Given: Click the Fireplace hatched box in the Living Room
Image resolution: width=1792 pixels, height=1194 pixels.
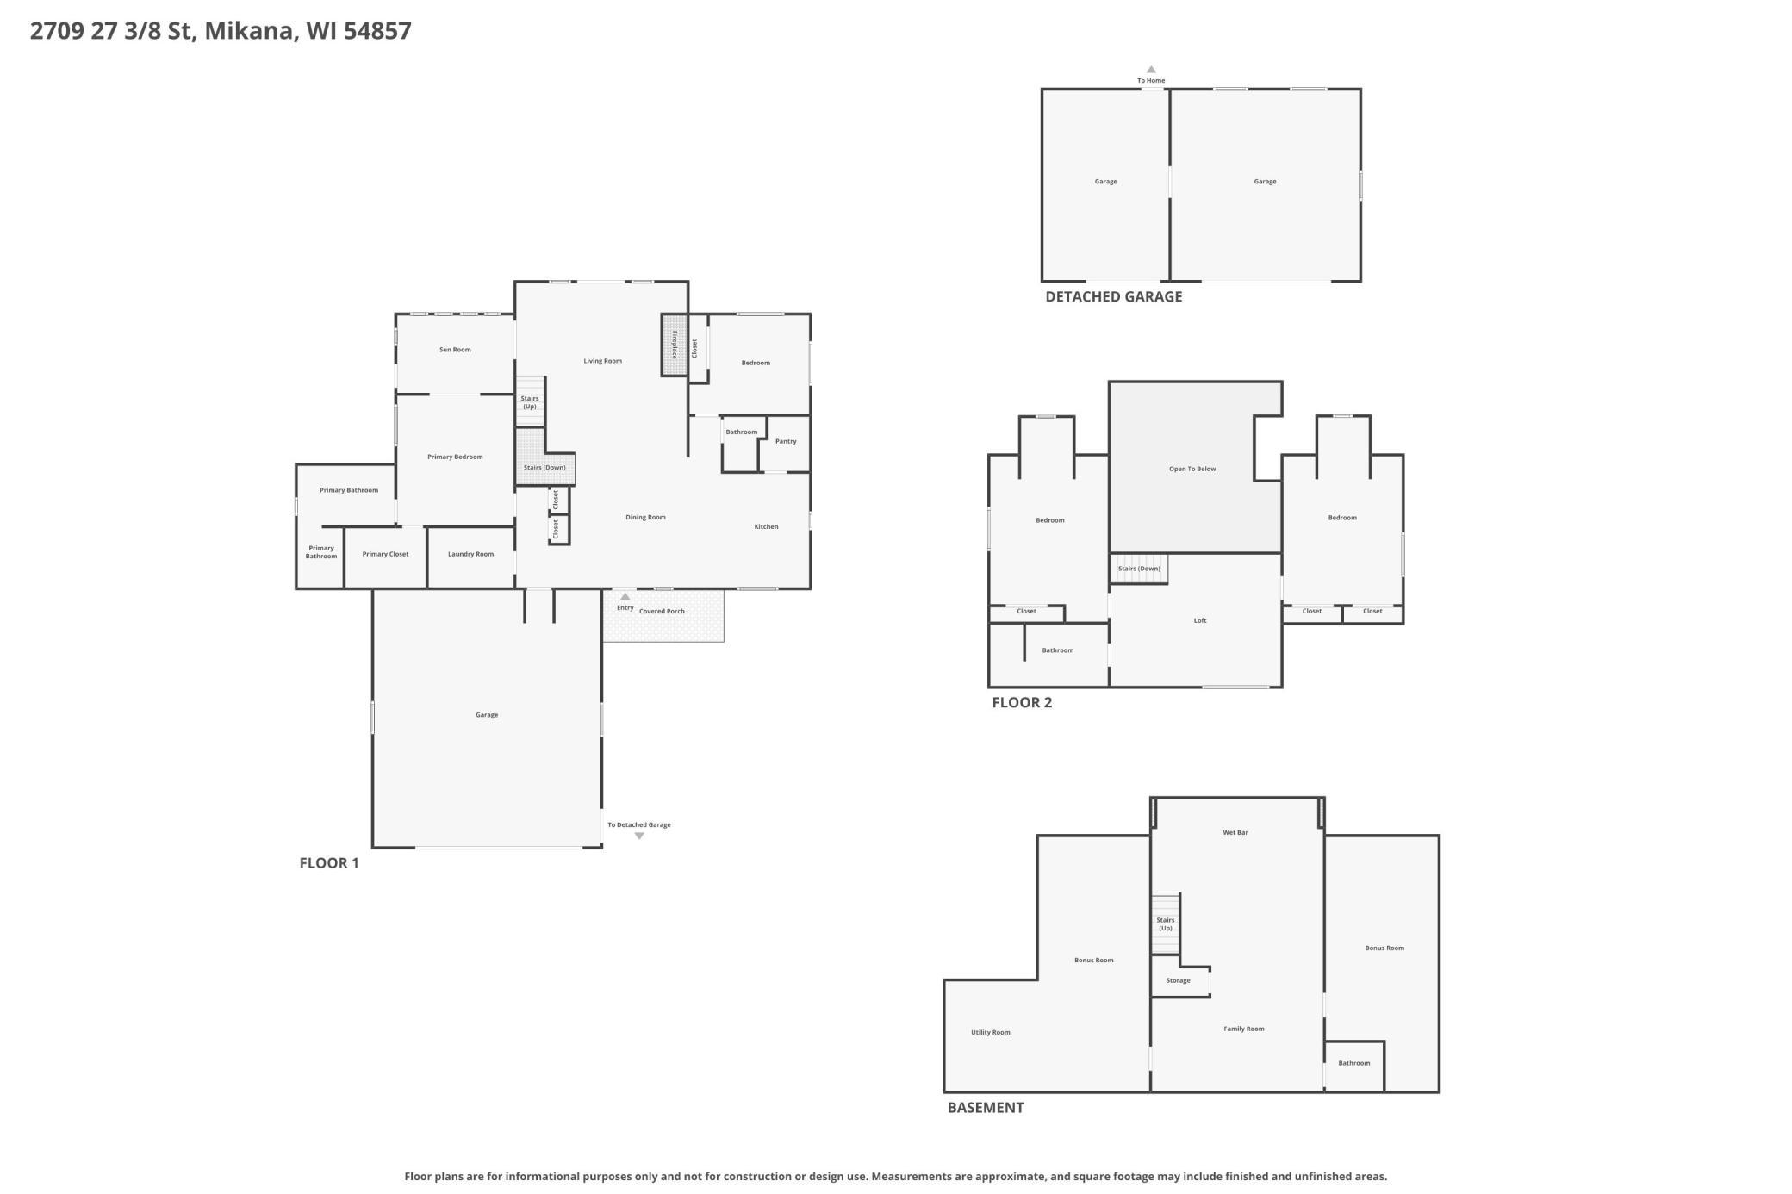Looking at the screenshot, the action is [674, 345].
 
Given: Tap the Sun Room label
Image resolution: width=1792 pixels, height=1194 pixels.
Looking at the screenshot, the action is [455, 350].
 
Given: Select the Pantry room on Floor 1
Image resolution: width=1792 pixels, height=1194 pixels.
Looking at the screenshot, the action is [785, 443].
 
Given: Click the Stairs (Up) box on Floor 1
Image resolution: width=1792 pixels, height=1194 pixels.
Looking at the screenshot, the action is [530, 401].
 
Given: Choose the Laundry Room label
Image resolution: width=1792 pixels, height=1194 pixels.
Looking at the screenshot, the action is [470, 554].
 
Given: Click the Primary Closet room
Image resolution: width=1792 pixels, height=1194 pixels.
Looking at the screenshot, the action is [385, 557].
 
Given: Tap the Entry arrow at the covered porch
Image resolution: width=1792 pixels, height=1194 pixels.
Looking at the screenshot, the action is [625, 596].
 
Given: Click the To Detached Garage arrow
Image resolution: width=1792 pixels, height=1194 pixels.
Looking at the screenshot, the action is [639, 836].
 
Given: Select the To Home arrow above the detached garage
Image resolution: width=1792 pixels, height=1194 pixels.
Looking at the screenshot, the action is [1151, 70].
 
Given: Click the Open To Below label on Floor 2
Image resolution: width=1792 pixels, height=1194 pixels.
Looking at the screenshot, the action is [1192, 470].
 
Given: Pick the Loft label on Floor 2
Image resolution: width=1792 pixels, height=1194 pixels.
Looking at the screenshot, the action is [1200, 620].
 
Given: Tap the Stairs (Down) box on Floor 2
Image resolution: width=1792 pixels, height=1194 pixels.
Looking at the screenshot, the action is [1139, 569].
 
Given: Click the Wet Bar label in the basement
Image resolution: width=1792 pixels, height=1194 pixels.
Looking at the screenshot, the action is [1235, 833].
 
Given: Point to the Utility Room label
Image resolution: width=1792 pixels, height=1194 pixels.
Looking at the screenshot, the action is [991, 1032].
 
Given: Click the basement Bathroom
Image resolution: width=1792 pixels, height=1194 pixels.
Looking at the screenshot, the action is [1354, 1067].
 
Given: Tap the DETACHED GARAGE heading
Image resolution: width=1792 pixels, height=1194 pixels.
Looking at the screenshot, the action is [1113, 296].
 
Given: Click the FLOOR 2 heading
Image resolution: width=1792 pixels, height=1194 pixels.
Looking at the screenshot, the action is [1022, 702].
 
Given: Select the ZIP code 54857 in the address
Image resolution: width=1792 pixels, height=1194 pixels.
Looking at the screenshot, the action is [377, 31].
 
